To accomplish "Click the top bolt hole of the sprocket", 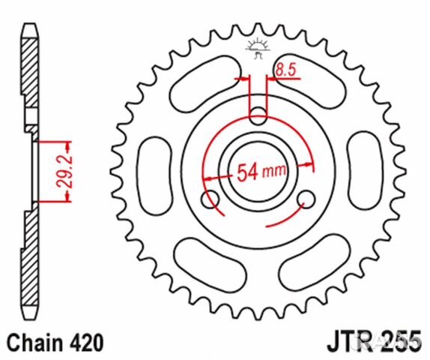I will pyautogui.click(x=258, y=115).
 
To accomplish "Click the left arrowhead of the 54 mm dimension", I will pyautogui.click(x=206, y=178).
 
